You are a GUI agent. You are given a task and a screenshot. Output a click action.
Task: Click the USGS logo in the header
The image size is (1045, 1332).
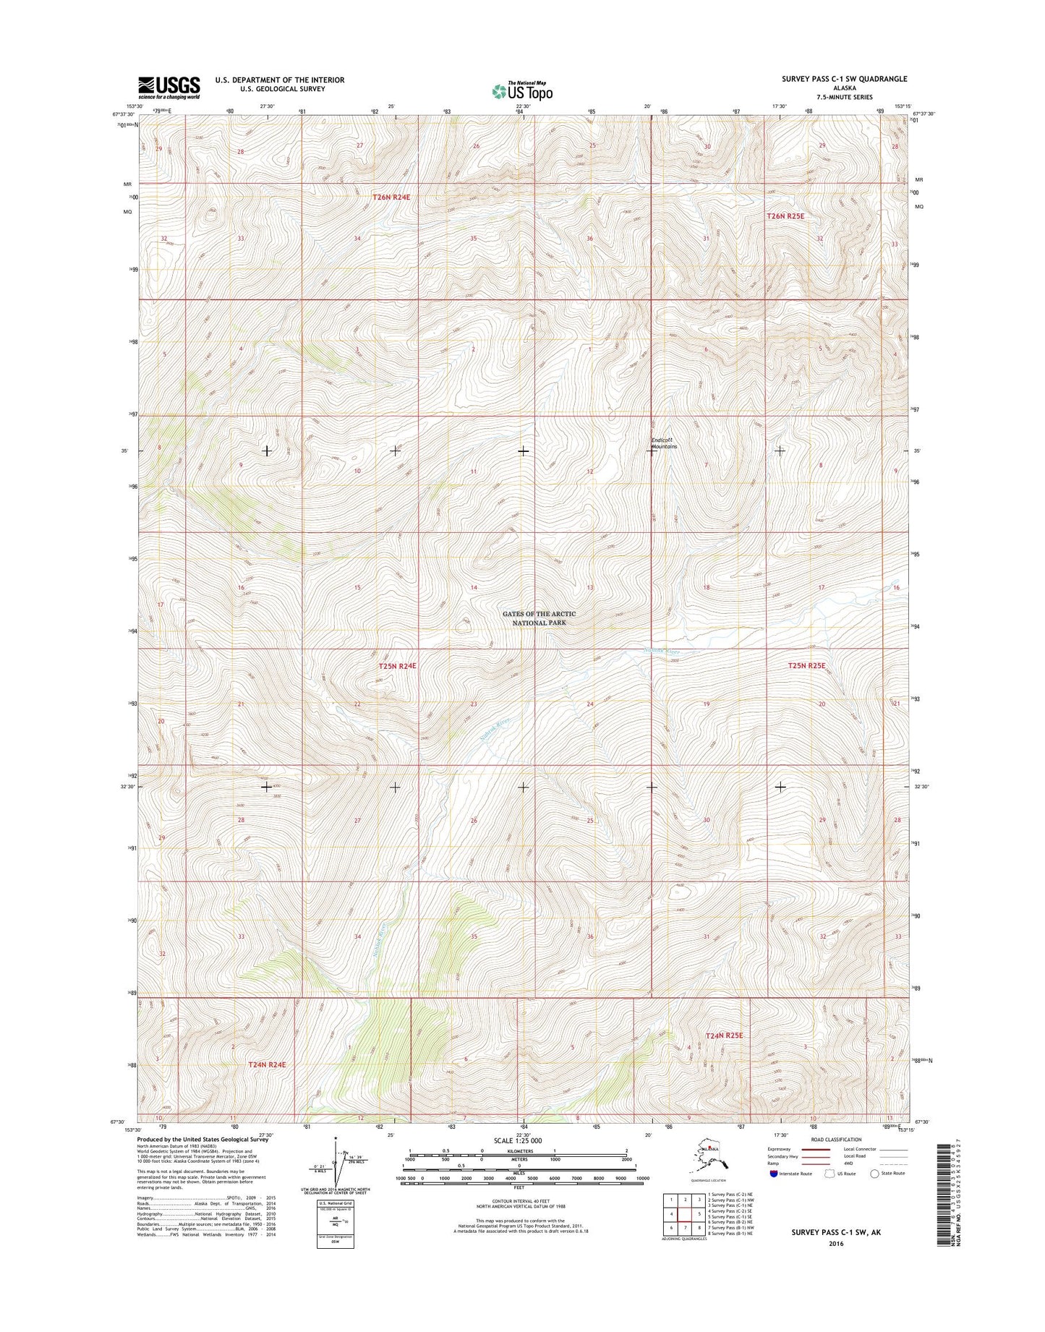point(169,87)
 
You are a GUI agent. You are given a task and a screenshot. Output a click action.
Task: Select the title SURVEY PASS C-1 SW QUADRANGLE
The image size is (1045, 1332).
point(844,79)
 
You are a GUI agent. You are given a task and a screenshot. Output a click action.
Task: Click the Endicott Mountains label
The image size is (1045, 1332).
point(664,443)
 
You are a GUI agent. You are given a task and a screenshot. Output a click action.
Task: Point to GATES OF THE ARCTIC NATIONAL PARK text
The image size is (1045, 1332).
point(539,618)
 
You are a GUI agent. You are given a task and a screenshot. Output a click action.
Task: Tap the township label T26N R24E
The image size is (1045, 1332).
point(396,197)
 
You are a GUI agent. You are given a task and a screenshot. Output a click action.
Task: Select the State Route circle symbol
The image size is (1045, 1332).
point(875,1174)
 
